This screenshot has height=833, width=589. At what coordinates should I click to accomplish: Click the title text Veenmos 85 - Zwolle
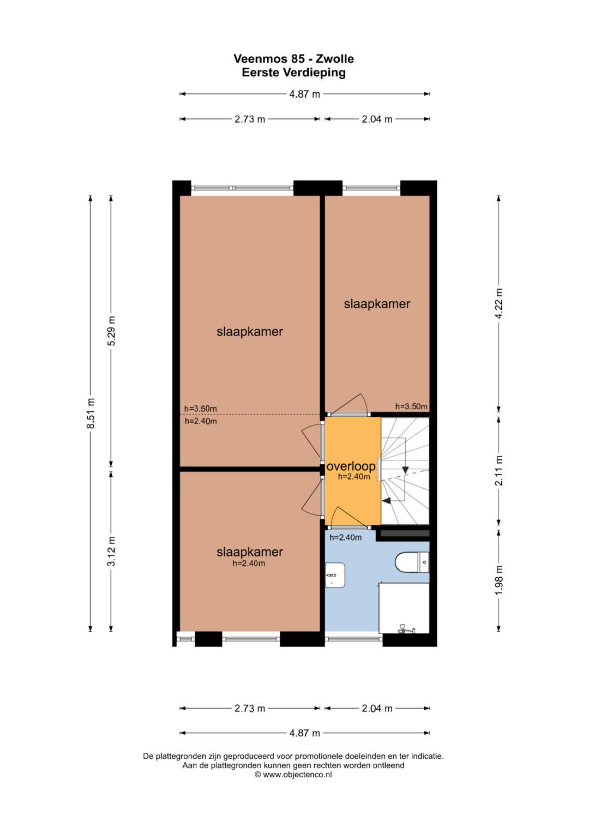pos(293,59)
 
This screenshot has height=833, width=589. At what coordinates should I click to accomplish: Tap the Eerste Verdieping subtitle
pos(293,73)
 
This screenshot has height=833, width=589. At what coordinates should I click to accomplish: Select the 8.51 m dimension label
pos(91,413)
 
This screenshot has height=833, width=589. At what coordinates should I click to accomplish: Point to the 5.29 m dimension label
pos(111,331)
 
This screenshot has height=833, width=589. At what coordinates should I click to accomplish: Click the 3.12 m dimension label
pos(111,551)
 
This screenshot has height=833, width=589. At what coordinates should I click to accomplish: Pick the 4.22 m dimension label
pos(499,303)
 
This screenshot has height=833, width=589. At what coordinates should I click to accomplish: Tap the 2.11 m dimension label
pos(499,470)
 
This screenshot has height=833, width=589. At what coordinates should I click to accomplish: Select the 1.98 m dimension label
pos(499,580)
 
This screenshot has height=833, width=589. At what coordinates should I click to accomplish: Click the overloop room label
pos(351,466)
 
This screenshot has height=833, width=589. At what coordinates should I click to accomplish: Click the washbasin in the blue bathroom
pos(335,575)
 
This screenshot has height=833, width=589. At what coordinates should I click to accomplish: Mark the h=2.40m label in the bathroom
pos(345,537)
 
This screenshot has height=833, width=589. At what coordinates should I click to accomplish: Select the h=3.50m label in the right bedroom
pos(411,406)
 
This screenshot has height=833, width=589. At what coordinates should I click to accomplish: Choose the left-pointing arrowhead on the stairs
pos(387,501)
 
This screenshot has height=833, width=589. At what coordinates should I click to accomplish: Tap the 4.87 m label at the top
pos(304,94)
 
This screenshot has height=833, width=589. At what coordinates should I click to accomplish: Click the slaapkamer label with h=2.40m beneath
pos(250,552)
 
